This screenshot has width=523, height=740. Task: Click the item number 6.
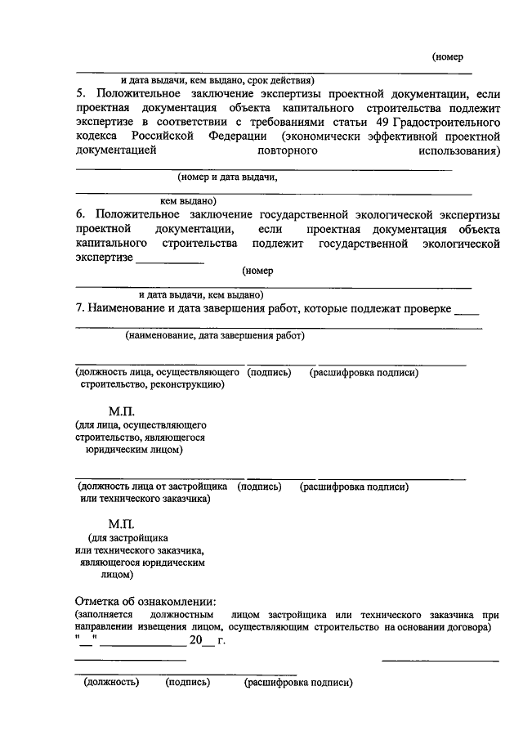coord(79,213)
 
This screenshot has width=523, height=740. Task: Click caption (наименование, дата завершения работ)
coord(214,335)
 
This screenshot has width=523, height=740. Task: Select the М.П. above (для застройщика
coord(121,523)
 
